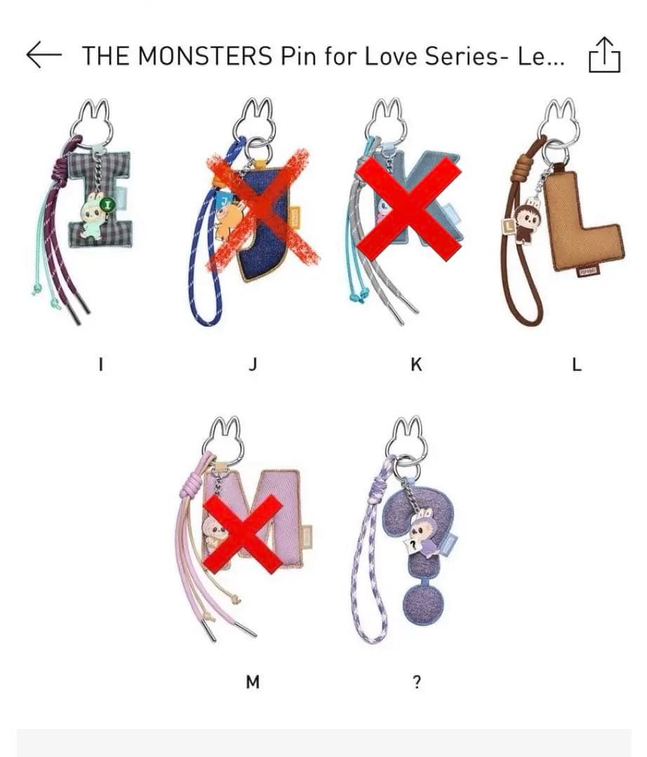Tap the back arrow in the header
44,55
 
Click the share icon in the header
604,55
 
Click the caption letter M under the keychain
253,682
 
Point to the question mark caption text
417,682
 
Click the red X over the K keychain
408,209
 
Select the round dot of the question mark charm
423,603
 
